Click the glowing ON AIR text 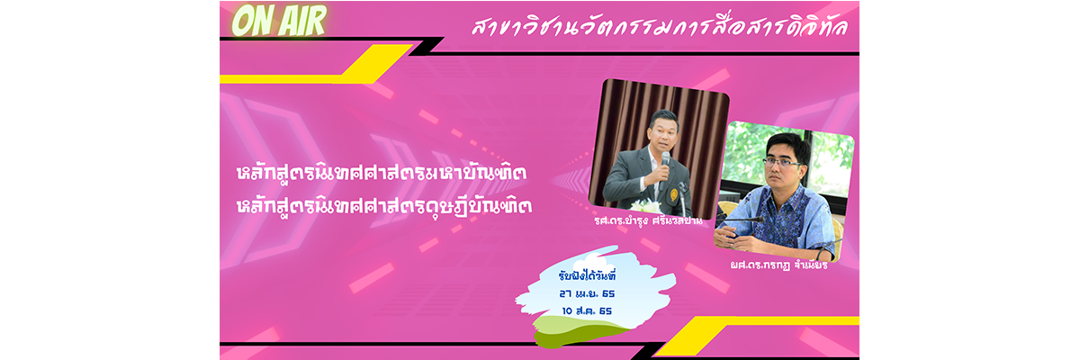click(x=279, y=22)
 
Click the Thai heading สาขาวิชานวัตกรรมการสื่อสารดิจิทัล click(x=659, y=27)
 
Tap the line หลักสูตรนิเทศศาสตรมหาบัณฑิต click(x=382, y=173)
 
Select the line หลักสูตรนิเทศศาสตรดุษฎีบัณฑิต click(x=384, y=206)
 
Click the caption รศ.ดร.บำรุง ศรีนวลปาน click(x=648, y=221)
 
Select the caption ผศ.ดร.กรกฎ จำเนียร click(x=778, y=265)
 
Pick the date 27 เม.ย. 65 click(x=587, y=293)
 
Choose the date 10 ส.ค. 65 click(x=587, y=310)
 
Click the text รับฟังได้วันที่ click(x=587, y=276)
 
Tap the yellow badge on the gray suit click(x=673, y=194)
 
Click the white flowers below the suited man click(x=646, y=207)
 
